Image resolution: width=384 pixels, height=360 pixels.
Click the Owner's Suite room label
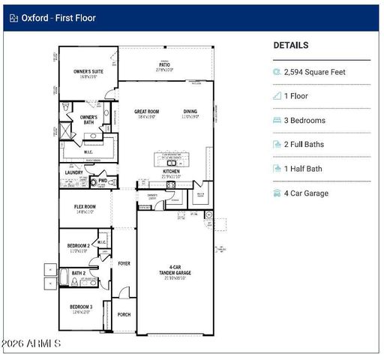click(x=88, y=72)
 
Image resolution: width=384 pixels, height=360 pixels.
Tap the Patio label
click(x=164, y=64)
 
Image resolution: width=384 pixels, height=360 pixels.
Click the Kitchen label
click(x=172, y=172)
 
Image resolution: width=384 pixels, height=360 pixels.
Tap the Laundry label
click(x=73, y=172)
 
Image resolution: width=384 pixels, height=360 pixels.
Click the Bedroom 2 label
click(x=79, y=246)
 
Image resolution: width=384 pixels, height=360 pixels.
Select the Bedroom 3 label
click(x=81, y=307)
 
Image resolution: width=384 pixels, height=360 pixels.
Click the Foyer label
click(x=124, y=264)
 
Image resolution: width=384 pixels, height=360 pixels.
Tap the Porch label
click(x=124, y=315)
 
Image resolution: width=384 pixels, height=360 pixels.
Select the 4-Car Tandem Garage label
click(x=174, y=270)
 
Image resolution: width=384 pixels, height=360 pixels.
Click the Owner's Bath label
click(x=88, y=119)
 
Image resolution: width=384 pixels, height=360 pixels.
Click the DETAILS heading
click(x=290, y=45)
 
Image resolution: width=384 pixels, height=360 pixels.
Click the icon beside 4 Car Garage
click(x=277, y=193)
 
